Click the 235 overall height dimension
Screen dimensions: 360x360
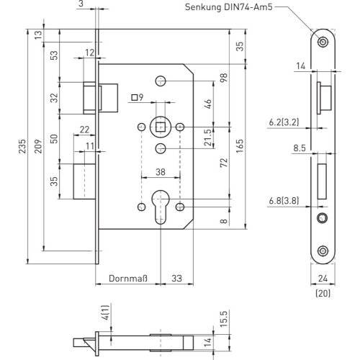[x=22, y=146]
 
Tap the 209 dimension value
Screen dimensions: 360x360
[x=38, y=146]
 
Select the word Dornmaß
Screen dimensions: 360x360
[x=128, y=279]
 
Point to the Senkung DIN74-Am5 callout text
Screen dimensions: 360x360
[x=229, y=7]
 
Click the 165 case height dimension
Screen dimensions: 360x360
[x=240, y=146]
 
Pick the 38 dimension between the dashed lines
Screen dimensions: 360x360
[x=161, y=172]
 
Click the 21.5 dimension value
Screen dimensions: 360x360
[x=208, y=138]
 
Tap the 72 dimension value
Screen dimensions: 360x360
[x=223, y=163]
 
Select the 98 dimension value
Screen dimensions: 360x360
[x=223, y=78]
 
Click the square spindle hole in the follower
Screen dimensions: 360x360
[x=160, y=127]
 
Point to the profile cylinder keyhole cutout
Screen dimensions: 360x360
[x=161, y=207]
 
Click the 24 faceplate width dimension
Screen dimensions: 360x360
[x=323, y=279]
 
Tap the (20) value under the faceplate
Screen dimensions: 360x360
[x=323, y=293]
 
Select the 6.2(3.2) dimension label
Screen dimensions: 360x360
[x=284, y=122]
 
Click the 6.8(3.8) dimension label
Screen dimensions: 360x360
[x=284, y=200]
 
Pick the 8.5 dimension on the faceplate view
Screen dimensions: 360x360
[x=300, y=148]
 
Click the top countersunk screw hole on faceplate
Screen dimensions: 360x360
[x=323, y=42]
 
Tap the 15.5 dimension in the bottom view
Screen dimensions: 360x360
[x=223, y=318]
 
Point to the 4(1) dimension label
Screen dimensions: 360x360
[x=106, y=312]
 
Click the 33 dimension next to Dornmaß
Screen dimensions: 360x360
[x=176, y=279]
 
